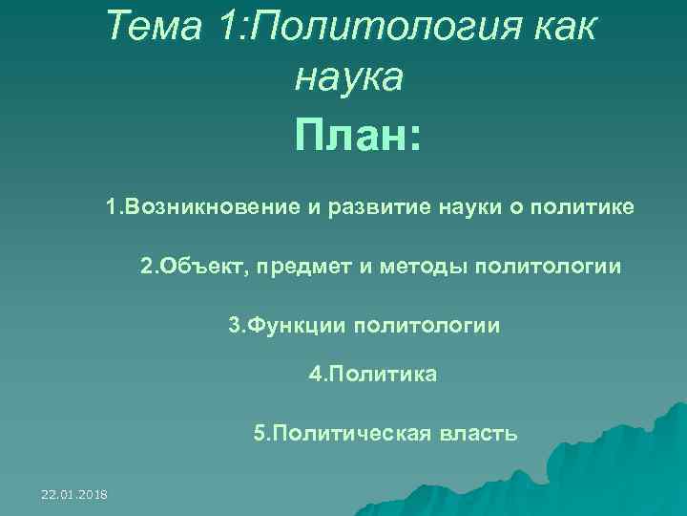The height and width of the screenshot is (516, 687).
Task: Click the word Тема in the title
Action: tap(155, 27)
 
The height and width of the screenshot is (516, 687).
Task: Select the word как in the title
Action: tap(562, 27)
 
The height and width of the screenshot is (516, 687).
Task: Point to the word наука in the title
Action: tap(349, 76)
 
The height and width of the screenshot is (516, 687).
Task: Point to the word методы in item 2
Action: tap(414, 266)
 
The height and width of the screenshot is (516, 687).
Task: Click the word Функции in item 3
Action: tap(296, 325)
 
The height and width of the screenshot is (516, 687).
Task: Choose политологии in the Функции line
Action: tap(427, 325)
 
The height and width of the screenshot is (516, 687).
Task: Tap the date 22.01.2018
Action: tap(74, 493)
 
